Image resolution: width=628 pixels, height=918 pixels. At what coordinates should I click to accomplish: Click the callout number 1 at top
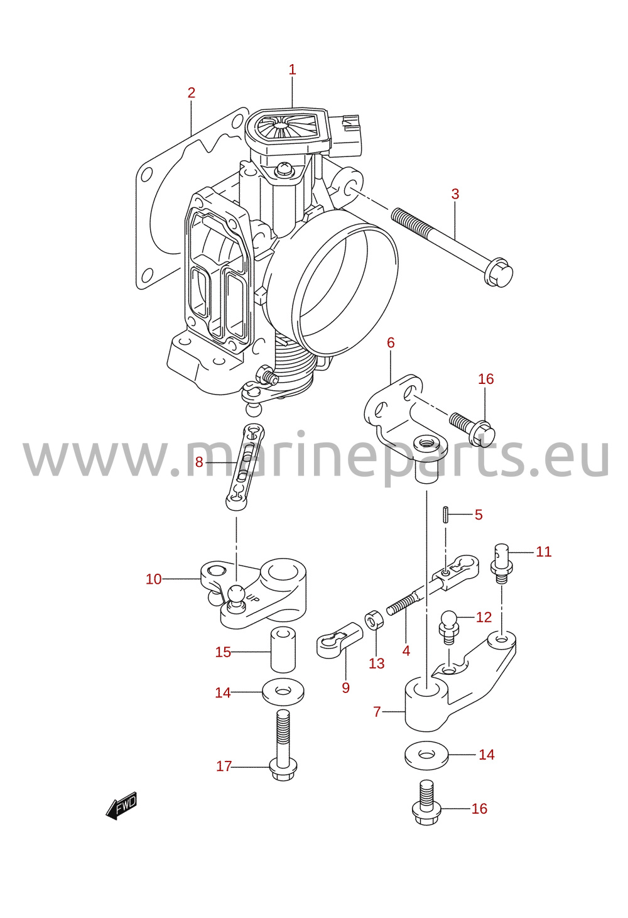[292, 70]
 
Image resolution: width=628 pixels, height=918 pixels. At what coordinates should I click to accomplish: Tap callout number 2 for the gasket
[192, 93]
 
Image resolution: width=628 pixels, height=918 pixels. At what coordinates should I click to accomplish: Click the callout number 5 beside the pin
[479, 515]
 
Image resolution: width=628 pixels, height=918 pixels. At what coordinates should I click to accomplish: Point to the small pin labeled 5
[446, 515]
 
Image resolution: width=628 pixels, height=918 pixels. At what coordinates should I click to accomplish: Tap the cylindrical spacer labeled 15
[283, 652]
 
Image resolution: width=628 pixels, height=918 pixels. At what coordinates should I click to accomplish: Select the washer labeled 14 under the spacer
[283, 692]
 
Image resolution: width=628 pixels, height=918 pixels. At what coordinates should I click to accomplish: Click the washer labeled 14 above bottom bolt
[426, 755]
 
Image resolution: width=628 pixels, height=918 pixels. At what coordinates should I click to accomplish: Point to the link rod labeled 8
[245, 467]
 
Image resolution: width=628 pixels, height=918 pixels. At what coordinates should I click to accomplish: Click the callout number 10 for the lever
[154, 579]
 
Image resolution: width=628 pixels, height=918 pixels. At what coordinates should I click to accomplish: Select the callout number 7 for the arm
[377, 711]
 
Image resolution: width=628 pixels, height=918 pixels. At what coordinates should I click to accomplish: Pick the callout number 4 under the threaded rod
[406, 650]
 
